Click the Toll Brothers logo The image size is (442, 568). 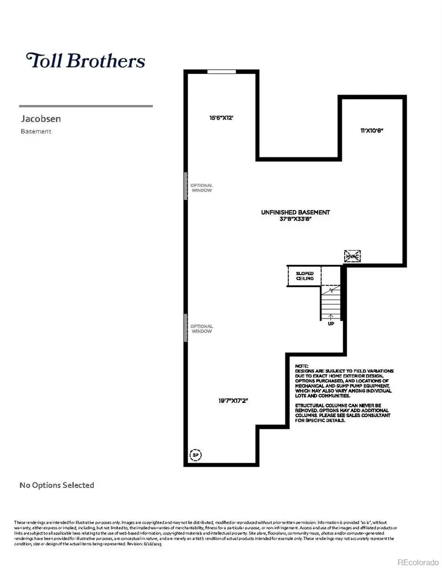86,60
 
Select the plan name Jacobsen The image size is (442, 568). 41,119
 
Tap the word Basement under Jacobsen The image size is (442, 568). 36,131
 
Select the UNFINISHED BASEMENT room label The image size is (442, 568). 295,212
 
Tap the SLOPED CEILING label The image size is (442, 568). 304,276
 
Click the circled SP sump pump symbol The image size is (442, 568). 195,455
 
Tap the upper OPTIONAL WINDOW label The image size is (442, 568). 201,188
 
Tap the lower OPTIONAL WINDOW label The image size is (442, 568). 201,329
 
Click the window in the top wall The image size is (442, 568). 221,72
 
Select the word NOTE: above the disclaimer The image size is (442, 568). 302,366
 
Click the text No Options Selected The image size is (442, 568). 56,485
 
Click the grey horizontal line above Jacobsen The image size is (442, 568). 85,106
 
